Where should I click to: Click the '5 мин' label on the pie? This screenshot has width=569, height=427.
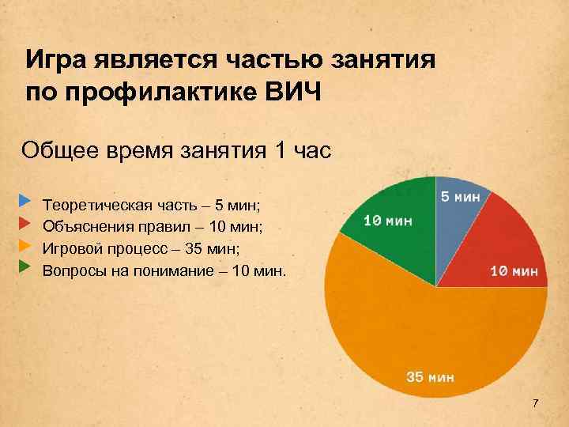460,196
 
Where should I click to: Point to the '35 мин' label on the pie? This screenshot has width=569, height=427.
430,376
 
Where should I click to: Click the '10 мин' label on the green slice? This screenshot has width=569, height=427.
387,221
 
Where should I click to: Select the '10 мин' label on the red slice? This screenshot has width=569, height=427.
514,271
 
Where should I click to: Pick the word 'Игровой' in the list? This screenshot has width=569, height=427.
72,249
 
